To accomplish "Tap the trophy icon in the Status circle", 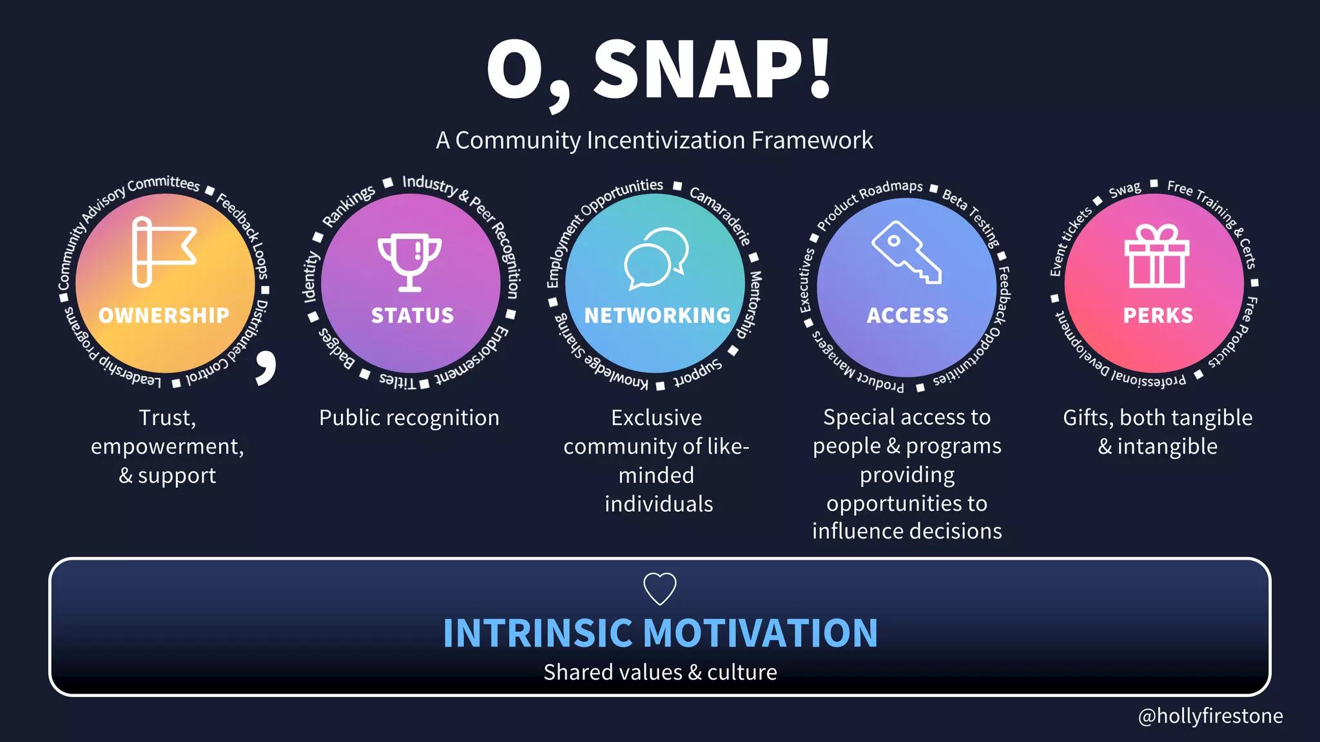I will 410,262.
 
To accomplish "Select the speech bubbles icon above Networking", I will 656,258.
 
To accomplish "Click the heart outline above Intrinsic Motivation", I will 660,588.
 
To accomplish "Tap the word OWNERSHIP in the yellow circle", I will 164,315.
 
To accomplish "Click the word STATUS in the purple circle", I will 412,315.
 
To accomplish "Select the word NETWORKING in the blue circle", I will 657,315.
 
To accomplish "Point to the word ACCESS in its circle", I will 907,315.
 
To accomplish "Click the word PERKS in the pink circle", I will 1158,315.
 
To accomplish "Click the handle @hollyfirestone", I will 1210,716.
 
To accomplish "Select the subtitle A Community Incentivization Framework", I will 654,140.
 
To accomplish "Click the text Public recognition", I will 409,417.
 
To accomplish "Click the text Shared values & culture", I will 660,672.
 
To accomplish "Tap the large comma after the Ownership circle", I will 266,367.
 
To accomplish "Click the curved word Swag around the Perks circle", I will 1125,189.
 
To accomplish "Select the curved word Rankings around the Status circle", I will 348,205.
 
